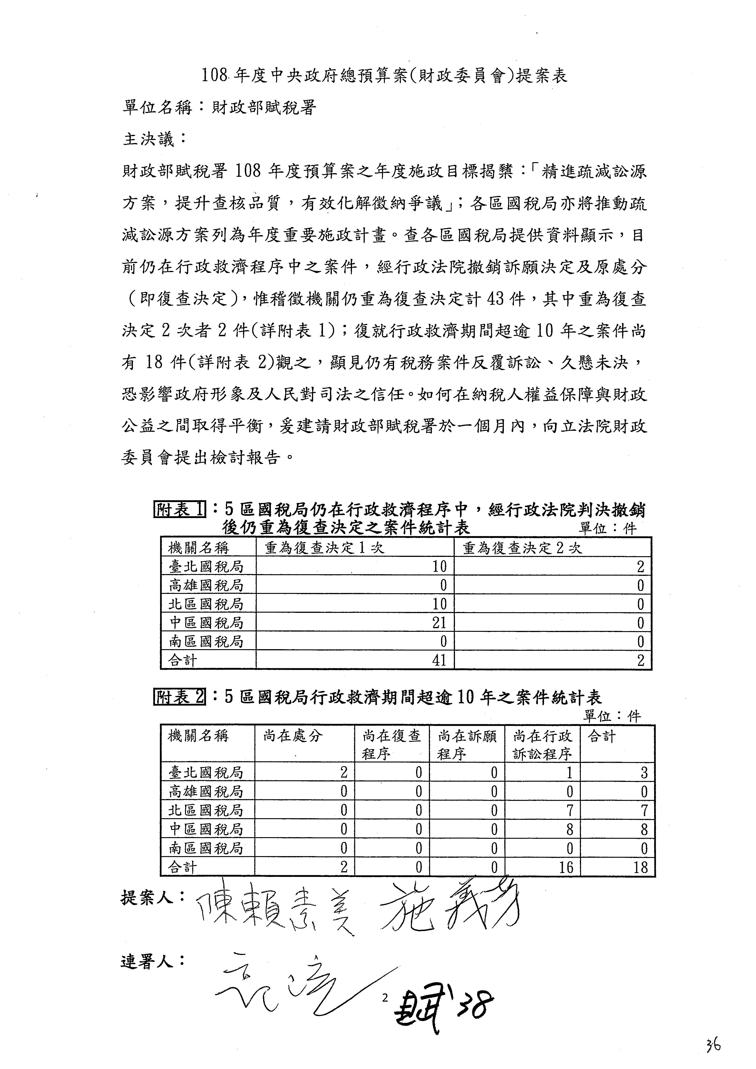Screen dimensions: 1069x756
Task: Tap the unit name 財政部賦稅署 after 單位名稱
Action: point(264,108)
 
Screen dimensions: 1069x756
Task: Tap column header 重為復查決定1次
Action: point(325,548)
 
